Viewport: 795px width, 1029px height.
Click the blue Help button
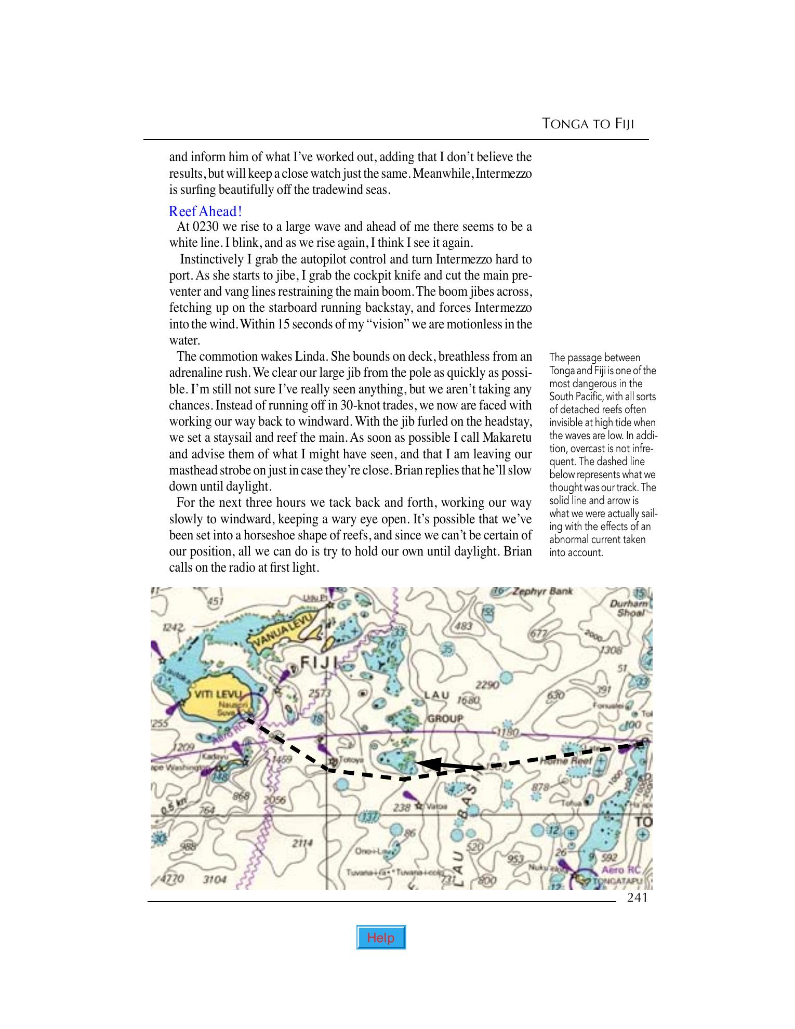point(381,937)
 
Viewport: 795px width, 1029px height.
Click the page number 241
point(637,898)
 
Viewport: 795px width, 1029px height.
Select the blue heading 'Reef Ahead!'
point(205,212)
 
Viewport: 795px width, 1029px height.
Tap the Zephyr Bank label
point(540,591)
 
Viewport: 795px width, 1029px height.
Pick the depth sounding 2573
point(320,693)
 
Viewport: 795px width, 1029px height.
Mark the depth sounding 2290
point(488,685)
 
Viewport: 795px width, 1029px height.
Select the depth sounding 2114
point(301,843)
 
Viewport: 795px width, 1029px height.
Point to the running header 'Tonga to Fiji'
point(589,124)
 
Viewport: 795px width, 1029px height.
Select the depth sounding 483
point(463,626)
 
